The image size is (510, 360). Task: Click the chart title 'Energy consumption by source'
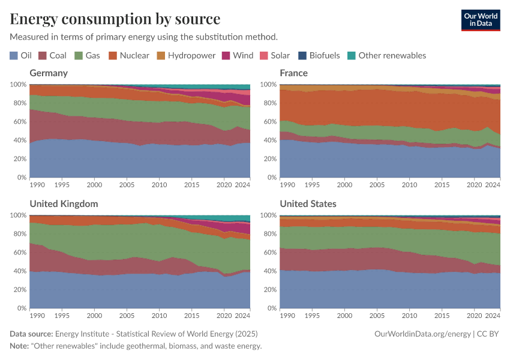[115, 19]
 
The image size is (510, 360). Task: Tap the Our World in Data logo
[480, 20]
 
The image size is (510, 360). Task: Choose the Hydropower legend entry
[185, 55]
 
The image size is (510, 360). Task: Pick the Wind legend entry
[238, 55]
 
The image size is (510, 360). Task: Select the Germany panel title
[49, 73]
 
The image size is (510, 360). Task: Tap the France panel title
[293, 73]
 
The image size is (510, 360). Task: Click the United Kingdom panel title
[64, 204]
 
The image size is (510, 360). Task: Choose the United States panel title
[308, 204]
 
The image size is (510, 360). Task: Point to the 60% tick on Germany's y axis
[19, 122]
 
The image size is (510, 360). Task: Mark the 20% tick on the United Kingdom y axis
[19, 290]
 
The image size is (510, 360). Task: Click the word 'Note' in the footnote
[19, 346]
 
